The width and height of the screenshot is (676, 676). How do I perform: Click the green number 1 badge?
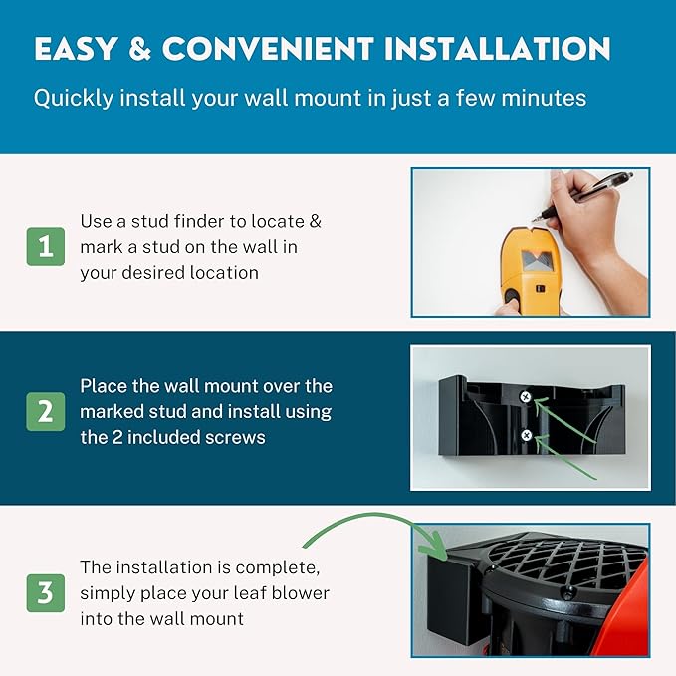46,246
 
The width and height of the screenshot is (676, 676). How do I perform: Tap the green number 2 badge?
46,412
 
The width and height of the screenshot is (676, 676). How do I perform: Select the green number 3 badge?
46,593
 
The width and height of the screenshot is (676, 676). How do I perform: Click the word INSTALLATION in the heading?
497,48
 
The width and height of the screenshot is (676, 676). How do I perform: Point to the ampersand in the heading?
139,48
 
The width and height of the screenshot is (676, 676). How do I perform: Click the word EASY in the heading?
76,48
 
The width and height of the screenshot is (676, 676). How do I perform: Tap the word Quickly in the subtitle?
74,98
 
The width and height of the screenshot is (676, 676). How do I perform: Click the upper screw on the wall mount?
525,397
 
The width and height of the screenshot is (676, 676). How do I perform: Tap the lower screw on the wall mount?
526,435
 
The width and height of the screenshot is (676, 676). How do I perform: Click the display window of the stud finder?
537,260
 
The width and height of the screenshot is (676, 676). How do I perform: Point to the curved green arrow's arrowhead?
435,548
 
